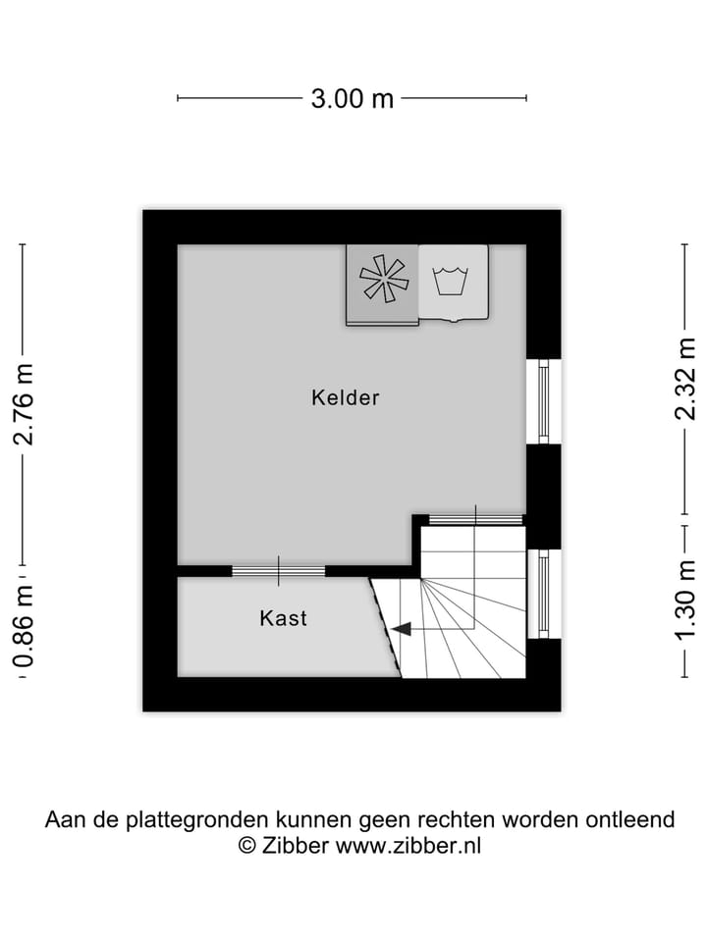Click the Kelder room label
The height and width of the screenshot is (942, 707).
[345, 397]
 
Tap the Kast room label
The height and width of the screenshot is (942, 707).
[283, 618]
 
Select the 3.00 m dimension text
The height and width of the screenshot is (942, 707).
[353, 98]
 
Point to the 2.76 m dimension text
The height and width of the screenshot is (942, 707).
[24, 404]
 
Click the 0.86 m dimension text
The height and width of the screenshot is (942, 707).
[24, 626]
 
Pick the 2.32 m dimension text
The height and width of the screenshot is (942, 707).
[685, 378]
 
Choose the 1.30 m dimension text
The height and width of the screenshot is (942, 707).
[685, 601]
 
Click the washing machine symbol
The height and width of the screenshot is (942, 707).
[453, 282]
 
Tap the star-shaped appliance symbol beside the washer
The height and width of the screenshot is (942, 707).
[383, 279]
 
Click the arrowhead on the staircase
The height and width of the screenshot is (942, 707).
[400, 629]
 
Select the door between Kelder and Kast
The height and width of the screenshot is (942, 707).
[278, 570]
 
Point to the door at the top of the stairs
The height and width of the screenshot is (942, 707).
[475, 518]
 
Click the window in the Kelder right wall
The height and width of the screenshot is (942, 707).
[542, 401]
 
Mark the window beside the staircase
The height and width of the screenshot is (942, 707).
[542, 594]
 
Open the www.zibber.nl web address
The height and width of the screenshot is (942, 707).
[408, 845]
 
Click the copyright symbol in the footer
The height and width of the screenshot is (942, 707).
[247, 845]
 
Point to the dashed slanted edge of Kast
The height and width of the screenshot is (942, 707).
[385, 627]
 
